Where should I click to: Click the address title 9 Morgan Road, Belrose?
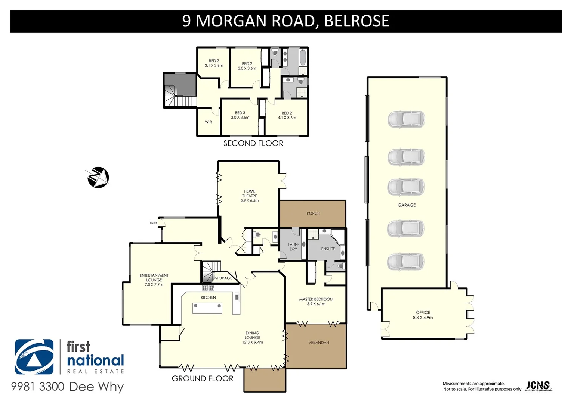click(285, 21)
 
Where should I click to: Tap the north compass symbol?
click(98, 177)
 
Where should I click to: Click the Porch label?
click(313, 213)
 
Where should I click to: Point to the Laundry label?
click(293, 247)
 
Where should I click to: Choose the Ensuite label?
click(328, 249)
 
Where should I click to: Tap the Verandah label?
click(319, 343)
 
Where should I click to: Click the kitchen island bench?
click(207, 308)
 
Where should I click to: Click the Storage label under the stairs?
click(223, 278)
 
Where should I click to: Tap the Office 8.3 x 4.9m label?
click(423, 315)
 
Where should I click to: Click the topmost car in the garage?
click(406, 119)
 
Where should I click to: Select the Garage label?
click(407, 205)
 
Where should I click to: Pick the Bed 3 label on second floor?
click(240, 115)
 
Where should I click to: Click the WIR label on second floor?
click(208, 122)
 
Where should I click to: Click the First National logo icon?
click(34, 357)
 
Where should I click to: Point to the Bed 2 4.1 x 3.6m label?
click(287, 115)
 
